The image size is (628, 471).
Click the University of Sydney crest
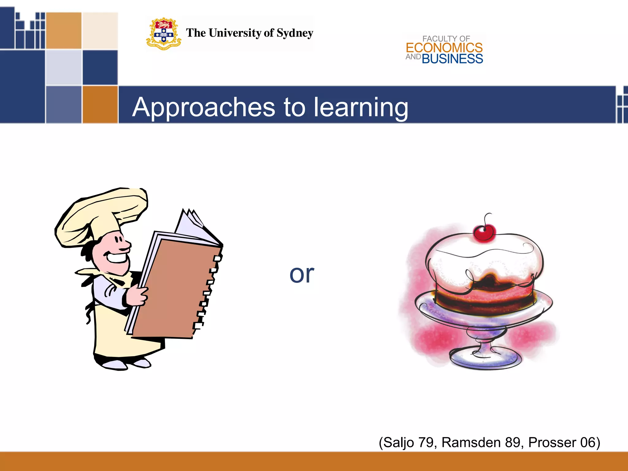coord(163,34)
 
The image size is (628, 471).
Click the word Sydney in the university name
coord(295,33)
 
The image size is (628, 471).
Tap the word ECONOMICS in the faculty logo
coord(444,48)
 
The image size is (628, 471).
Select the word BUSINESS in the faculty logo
coord(452,59)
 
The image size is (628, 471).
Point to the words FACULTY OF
coord(446,39)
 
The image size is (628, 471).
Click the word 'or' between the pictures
coord(302,274)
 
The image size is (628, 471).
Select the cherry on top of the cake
coord(484,232)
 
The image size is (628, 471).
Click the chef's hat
coord(101,215)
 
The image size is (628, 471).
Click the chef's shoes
coord(126,364)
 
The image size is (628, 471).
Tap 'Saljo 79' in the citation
coord(408,442)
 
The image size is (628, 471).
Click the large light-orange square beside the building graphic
coord(64,31)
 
